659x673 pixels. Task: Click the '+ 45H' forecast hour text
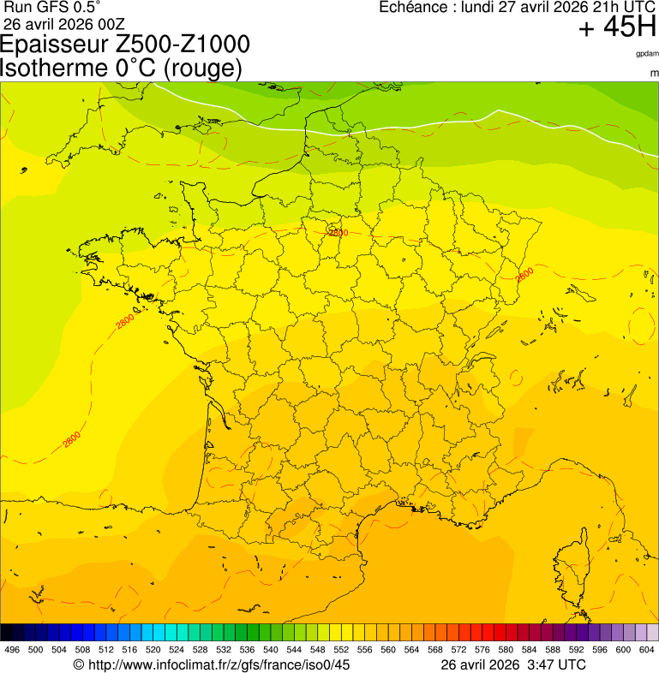click(617, 28)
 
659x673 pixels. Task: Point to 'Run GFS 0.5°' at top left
click(52, 7)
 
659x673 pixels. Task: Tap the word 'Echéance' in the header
click(414, 7)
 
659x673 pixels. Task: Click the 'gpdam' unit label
click(647, 53)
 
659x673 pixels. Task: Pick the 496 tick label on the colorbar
click(12, 651)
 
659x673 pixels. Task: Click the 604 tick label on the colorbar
click(647, 651)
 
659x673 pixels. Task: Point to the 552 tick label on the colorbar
click(340, 651)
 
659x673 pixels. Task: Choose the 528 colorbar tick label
click(200, 651)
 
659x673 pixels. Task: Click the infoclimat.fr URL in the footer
click(219, 664)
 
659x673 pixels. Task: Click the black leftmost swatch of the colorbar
click(7, 633)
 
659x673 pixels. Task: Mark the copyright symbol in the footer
click(78, 664)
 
